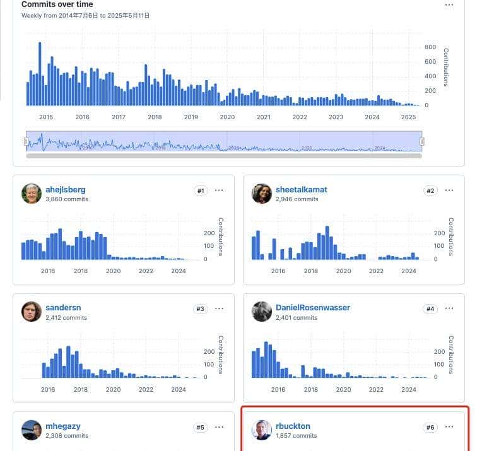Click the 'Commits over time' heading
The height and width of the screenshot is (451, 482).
[x=57, y=4]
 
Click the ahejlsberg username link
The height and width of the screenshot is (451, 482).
[x=65, y=189]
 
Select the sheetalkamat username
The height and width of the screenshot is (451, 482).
[x=301, y=189]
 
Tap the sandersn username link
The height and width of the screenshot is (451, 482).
[x=63, y=308]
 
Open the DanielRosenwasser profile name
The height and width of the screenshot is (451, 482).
[x=312, y=308]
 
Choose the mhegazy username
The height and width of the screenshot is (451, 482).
[x=62, y=426]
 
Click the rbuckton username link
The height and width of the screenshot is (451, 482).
[x=293, y=426]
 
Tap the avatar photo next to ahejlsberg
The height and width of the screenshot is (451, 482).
[x=32, y=194]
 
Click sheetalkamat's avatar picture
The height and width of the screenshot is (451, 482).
[x=262, y=194]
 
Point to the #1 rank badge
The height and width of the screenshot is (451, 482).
[x=201, y=190]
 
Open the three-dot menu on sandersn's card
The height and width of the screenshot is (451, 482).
[x=220, y=308]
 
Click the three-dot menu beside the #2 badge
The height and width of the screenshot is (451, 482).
[x=449, y=190]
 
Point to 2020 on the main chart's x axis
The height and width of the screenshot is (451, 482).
[x=227, y=117]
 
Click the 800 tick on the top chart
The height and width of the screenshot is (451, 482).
[x=430, y=47]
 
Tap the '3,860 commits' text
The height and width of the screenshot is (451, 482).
[x=66, y=199]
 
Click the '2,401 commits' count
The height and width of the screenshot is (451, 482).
[x=297, y=318]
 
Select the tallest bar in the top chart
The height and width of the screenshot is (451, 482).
[x=40, y=73]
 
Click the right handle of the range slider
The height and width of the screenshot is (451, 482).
[x=422, y=141]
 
